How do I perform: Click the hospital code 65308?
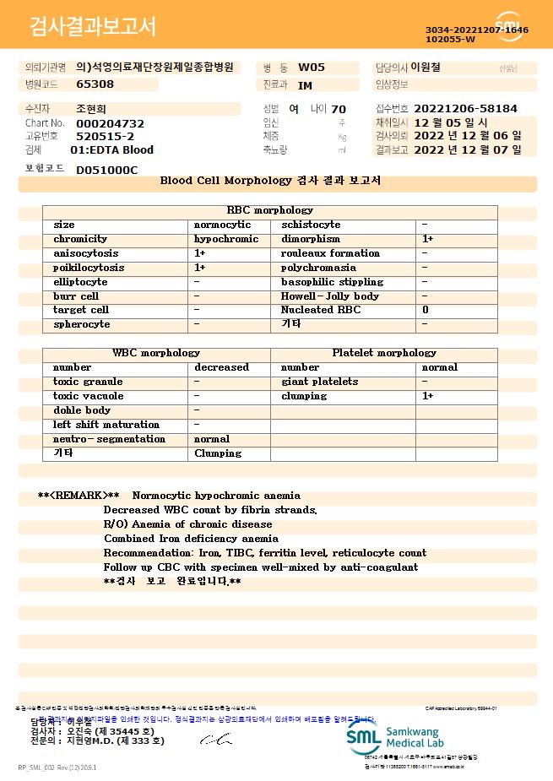(x=95, y=84)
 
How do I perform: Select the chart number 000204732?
(x=110, y=123)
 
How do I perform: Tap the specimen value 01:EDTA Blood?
(x=111, y=150)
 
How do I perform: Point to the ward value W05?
(x=312, y=68)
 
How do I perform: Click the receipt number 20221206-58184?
(x=465, y=109)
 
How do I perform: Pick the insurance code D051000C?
(x=106, y=170)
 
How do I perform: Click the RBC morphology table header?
(x=270, y=210)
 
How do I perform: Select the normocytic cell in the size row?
(x=222, y=225)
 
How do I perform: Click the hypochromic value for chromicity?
(x=226, y=239)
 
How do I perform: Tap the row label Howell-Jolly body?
(x=329, y=296)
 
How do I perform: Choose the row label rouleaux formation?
(x=330, y=253)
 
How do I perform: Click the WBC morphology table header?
(x=155, y=353)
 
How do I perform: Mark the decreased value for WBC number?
(x=221, y=367)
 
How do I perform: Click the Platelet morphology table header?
(x=384, y=353)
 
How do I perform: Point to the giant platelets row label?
(x=319, y=382)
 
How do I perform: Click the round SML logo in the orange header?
(x=509, y=26)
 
